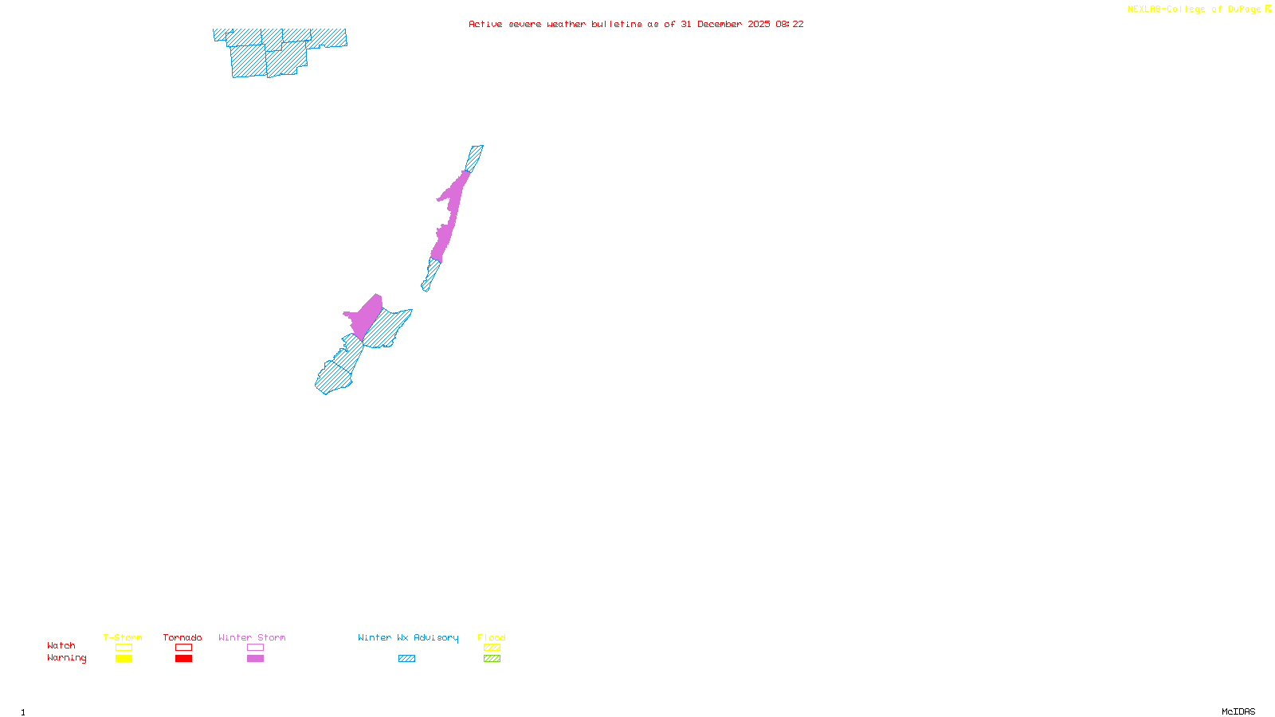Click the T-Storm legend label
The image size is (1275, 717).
click(x=123, y=637)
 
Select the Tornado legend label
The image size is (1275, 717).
click(x=182, y=637)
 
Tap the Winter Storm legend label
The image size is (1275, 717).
click(x=252, y=637)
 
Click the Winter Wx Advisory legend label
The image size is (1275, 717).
click(x=408, y=637)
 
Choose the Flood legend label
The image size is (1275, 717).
click(x=492, y=637)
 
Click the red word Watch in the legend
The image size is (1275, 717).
click(x=61, y=646)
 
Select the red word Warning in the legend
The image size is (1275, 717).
click(x=67, y=658)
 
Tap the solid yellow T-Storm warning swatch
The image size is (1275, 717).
click(x=124, y=659)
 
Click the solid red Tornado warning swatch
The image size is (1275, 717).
click(x=183, y=659)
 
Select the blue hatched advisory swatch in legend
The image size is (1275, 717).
click(x=406, y=659)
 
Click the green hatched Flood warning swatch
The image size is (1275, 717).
click(x=492, y=659)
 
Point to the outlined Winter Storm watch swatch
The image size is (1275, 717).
click(x=255, y=648)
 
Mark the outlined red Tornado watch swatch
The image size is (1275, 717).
click(x=183, y=648)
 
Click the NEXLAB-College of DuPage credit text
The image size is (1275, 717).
click(x=1198, y=10)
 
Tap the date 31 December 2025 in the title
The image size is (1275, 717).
click(x=725, y=24)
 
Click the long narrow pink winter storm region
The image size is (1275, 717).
click(x=449, y=215)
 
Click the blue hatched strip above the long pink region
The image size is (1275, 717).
click(x=474, y=158)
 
